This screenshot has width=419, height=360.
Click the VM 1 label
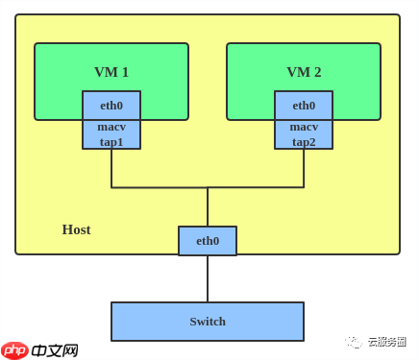[x=111, y=72]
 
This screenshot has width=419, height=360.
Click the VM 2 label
[x=304, y=72]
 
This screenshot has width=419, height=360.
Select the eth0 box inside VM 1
[x=111, y=106]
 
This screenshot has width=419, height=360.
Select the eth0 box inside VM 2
[x=304, y=106]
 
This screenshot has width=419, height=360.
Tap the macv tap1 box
[x=111, y=134]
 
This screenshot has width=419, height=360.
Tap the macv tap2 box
[x=304, y=134]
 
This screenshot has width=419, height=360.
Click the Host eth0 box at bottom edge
[x=208, y=241]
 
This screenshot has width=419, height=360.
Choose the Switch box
[x=208, y=322]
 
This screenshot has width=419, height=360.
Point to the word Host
[x=76, y=229]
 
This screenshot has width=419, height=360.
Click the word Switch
[x=208, y=322]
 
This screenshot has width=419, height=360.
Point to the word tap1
[x=111, y=141]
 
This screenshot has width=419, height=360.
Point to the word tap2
[x=304, y=141]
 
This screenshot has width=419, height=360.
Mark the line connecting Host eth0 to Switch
[x=208, y=278]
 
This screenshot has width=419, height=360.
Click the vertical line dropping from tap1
[x=111, y=168]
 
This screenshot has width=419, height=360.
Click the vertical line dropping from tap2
[x=304, y=168]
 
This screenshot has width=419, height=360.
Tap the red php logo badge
[x=14, y=349]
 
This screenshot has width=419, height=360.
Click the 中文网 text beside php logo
[x=55, y=349]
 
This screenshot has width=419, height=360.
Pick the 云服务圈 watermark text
[x=385, y=341]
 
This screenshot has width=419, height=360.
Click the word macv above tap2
[x=304, y=127]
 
